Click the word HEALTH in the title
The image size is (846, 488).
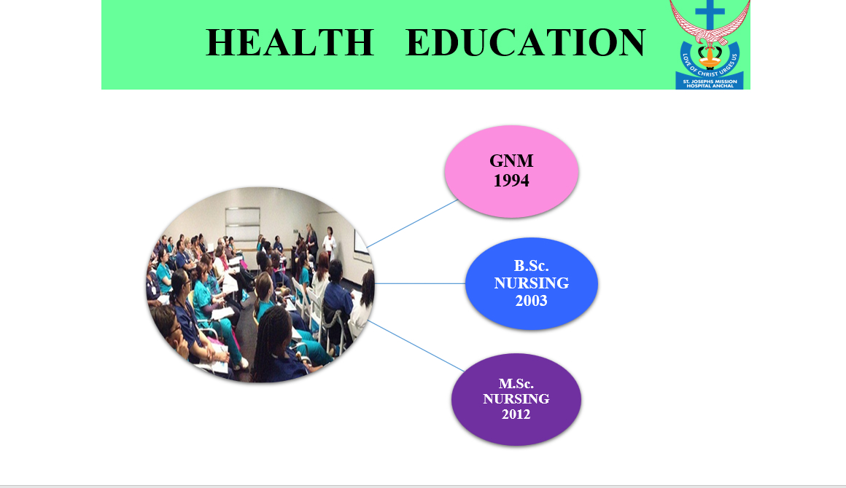click(290, 42)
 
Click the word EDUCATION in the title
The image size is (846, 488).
click(525, 42)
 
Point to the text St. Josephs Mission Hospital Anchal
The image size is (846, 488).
click(710, 84)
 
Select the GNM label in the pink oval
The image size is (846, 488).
click(511, 160)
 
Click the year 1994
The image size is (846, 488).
click(511, 181)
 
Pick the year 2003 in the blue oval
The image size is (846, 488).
click(531, 301)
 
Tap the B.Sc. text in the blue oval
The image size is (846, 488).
click(531, 266)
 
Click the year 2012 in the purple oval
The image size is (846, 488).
click(516, 414)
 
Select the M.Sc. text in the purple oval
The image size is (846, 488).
click(516, 384)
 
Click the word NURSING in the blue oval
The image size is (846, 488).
click(531, 283)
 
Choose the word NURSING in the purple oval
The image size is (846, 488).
click(516, 398)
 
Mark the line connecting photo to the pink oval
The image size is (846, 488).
click(412, 224)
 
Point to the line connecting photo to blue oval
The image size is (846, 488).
click(420, 283)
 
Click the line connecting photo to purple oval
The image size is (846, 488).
click(416, 346)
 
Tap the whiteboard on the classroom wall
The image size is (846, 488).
click(242, 224)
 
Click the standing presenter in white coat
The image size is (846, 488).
click(329, 244)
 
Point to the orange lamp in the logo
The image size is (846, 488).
click(710, 57)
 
